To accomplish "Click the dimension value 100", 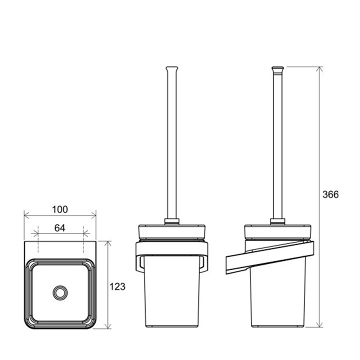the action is pos(60,209).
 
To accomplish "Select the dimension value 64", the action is pos(59,228).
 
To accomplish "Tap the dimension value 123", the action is pos(117,286).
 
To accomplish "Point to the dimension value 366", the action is pos(330,194).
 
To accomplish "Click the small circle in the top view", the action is pos(60,292).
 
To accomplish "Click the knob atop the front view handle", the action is pos(171,68).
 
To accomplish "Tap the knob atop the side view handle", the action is pos(277,68).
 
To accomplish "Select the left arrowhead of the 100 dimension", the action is pos(26,215).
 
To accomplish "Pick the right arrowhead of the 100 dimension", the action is pos(93,215).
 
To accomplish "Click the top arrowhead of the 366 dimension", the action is pos(319,69).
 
